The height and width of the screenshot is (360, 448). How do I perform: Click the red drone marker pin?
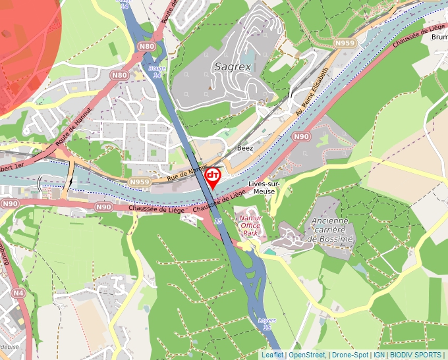click(213, 176)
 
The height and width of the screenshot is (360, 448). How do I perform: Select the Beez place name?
click(245, 148)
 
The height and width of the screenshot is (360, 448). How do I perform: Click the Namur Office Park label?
click(250, 225)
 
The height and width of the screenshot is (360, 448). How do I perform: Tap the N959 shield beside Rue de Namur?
click(140, 182)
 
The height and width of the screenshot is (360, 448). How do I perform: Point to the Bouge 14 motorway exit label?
click(157, 71)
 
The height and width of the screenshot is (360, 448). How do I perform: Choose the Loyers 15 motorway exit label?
click(268, 324)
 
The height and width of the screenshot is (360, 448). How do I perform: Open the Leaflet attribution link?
click(272, 355)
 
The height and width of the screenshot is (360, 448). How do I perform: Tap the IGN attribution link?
click(379, 355)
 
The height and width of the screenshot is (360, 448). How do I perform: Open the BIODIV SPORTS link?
click(416, 355)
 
